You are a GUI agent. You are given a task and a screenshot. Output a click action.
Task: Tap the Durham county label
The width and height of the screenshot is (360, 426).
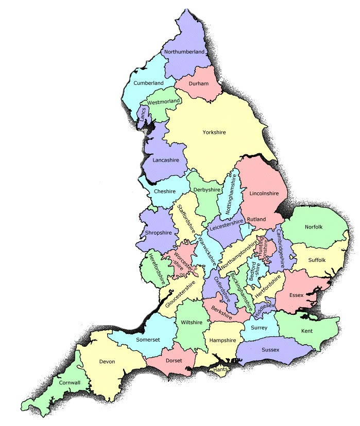(x=198, y=83)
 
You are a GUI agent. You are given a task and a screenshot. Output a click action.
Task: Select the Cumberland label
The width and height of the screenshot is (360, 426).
(x=148, y=83)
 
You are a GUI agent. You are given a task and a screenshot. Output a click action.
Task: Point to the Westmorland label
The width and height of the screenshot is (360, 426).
(x=163, y=102)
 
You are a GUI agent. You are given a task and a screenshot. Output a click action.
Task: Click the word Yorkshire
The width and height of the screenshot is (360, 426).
(x=214, y=133)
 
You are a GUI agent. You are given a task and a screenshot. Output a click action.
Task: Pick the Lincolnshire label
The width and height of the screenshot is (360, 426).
(x=263, y=193)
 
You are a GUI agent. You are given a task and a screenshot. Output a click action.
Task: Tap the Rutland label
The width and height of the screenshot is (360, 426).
(x=256, y=219)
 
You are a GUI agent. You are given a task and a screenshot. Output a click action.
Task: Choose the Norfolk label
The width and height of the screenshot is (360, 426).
(x=313, y=226)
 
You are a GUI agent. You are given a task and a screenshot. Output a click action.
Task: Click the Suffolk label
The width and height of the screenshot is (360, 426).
(x=317, y=260)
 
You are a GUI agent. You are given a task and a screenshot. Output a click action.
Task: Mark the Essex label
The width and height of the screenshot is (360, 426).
(x=297, y=295)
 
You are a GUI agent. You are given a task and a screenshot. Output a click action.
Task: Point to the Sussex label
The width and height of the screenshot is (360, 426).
(x=270, y=350)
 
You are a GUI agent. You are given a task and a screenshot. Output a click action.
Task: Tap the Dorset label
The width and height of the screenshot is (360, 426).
(x=174, y=360)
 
